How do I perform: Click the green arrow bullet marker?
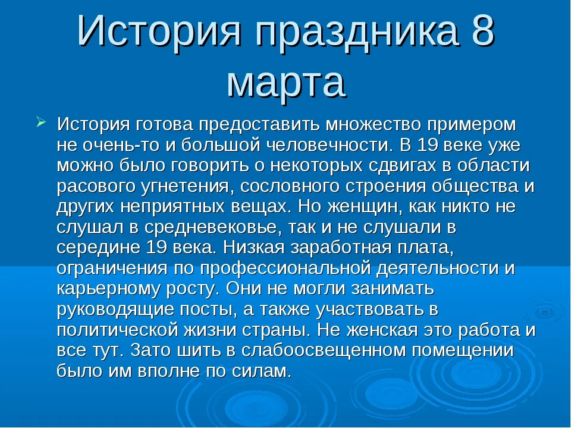tap(41, 122)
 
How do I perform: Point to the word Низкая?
tap(254, 248)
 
